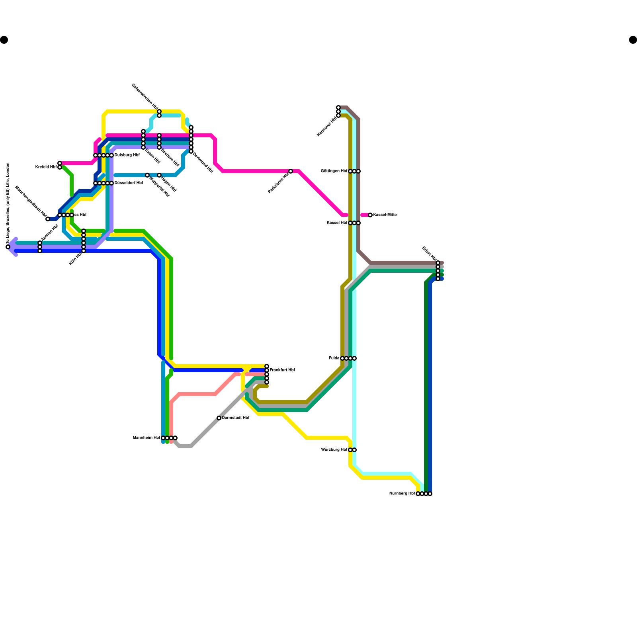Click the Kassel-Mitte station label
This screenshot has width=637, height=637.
point(385,215)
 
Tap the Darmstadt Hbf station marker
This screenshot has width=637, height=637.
point(219,418)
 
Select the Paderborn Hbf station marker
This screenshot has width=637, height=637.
point(291,171)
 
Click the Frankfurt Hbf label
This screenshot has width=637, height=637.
point(282,370)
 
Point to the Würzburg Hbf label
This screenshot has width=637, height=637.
point(334,450)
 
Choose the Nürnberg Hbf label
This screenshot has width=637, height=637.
point(402,494)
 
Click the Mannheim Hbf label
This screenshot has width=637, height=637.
point(147,438)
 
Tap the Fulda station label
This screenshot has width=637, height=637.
point(334,358)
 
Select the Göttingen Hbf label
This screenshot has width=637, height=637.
point(334,171)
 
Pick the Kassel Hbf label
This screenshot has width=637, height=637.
point(337,223)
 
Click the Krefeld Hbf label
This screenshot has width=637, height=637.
point(46,167)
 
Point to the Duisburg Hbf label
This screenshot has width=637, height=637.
point(127,155)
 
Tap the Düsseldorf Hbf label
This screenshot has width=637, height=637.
point(129,183)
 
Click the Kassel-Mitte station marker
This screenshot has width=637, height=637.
point(370,215)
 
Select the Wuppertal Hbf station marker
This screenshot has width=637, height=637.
point(147,175)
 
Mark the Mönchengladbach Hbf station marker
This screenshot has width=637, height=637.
point(48,219)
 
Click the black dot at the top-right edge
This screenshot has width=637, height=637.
point(633,40)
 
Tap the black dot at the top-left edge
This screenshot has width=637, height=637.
point(4,40)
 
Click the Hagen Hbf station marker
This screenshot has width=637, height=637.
point(159,175)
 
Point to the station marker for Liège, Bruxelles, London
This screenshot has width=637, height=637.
point(8,247)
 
